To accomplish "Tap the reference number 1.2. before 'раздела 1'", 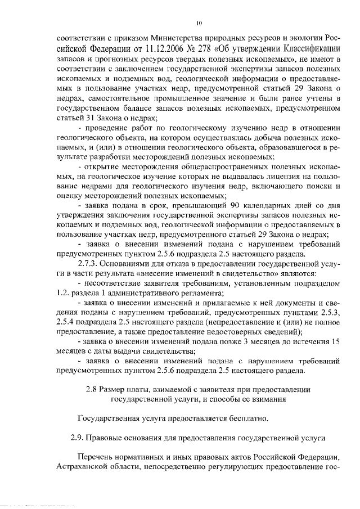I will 65,292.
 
